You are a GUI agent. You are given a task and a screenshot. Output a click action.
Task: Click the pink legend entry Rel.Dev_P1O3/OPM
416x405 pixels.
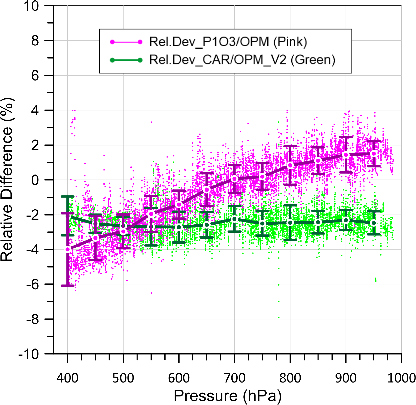click(228, 42)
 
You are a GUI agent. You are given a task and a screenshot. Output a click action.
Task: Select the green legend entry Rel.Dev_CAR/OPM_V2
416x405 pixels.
click(242, 60)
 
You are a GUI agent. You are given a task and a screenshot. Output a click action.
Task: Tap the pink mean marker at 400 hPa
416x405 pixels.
click(68, 249)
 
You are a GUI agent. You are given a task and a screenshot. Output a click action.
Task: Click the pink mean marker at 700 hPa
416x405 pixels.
click(234, 179)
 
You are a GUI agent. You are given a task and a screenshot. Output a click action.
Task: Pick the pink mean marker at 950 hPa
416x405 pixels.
click(374, 154)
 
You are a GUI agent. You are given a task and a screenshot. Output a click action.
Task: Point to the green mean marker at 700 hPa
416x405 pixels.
click(234, 219)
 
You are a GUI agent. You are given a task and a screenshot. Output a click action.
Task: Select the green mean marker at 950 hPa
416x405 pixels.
click(374, 223)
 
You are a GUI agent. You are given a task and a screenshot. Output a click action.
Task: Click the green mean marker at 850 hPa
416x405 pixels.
click(318, 222)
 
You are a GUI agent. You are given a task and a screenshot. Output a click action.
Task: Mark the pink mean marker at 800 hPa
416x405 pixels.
click(290, 165)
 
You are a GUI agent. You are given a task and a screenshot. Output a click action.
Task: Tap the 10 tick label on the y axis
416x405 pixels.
click(32, 6)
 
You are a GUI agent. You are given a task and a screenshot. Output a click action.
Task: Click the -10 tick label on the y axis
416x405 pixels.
click(29, 354)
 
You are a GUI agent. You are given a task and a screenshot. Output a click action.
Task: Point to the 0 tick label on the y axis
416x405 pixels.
click(35, 180)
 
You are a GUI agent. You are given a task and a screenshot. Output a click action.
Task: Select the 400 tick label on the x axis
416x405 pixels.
click(67, 378)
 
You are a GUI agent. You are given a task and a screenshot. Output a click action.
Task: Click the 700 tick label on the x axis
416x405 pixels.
click(234, 378)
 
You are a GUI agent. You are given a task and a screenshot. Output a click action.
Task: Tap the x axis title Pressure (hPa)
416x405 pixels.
click(227, 396)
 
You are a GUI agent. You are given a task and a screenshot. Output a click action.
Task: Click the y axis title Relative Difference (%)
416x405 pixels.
click(7, 180)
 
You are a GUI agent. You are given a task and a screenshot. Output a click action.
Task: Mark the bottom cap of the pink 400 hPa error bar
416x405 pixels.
click(68, 286)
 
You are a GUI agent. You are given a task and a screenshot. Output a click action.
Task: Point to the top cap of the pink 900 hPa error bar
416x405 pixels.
click(346, 137)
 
